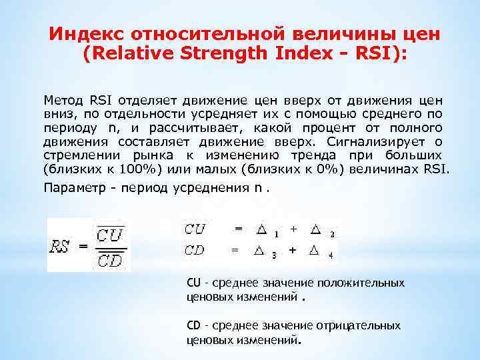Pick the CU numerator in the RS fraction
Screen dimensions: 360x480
pyautogui.click(x=108, y=235)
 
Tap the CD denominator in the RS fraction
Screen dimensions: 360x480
pyautogui.click(x=108, y=260)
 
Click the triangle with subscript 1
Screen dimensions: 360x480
pyautogui.click(x=261, y=229)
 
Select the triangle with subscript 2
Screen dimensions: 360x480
pyautogui.click(x=316, y=229)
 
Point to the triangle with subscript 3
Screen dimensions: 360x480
pyautogui.click(x=259, y=251)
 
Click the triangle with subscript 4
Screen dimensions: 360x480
pyautogui.click(x=315, y=251)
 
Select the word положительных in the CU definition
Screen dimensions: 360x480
pyautogui.click(x=370, y=283)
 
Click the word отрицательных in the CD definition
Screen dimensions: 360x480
pyautogui.click(x=368, y=325)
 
